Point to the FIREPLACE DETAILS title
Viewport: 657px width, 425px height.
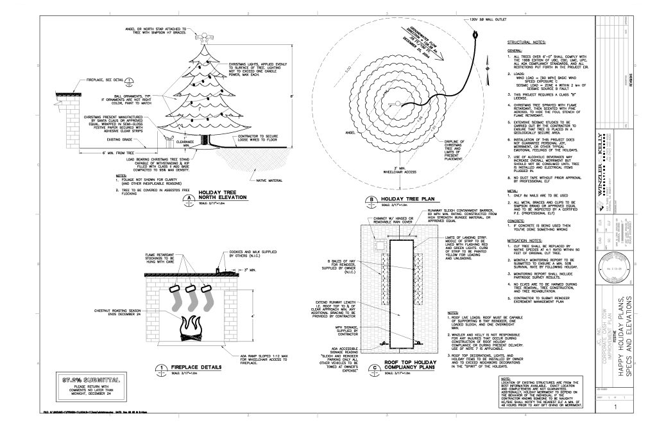(x=218, y=365)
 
